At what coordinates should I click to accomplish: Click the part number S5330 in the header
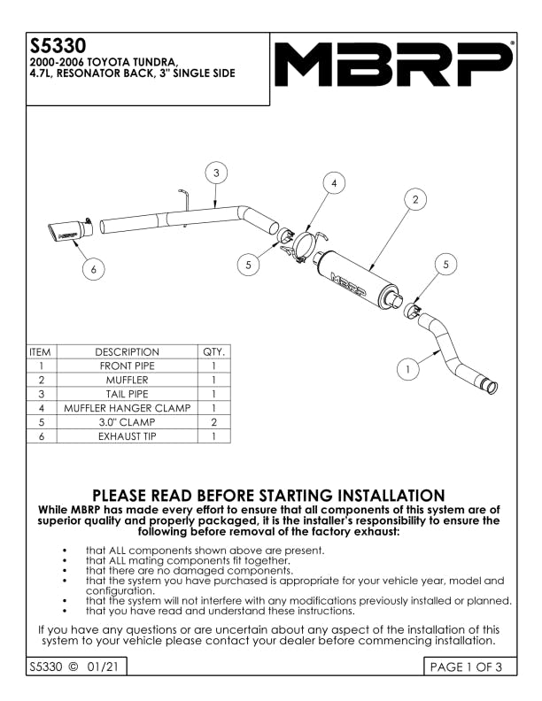tap(50, 45)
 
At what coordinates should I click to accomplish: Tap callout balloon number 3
tap(216, 173)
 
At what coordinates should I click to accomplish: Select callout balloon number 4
tap(333, 183)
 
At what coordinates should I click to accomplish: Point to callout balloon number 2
tap(414, 200)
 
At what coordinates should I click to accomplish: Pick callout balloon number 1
tap(407, 367)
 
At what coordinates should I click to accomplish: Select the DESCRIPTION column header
tap(127, 351)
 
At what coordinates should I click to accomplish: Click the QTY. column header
tap(214, 351)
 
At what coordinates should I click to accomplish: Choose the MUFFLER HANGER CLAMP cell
tap(127, 408)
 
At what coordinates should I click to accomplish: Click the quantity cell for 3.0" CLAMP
tap(214, 422)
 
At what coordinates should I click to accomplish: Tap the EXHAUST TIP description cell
tap(127, 436)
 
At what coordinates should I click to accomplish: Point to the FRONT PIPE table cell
tap(127, 366)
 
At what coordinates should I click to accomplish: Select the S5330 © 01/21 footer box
tap(72, 667)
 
